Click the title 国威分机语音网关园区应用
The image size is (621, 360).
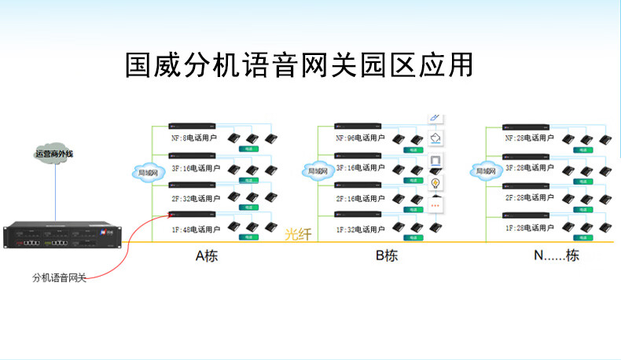click(299, 65)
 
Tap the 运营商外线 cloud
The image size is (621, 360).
click(54, 153)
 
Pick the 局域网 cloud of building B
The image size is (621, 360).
click(318, 171)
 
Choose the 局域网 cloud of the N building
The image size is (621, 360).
click(485, 171)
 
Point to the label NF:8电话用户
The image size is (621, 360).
click(192, 138)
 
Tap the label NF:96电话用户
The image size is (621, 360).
click(360, 138)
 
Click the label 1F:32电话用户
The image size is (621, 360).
click(360, 230)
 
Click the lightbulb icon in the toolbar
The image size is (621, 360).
click(435, 183)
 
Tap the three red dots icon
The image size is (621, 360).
click(435, 205)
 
